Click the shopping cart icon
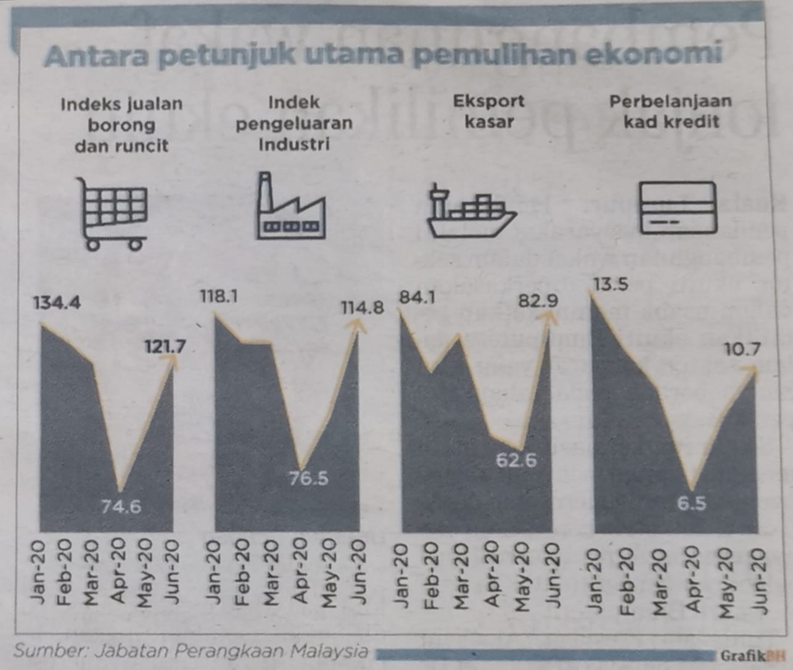click(x=112, y=214)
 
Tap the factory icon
click(x=291, y=205)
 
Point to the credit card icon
click(x=678, y=207)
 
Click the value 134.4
click(x=57, y=304)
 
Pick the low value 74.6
click(x=121, y=507)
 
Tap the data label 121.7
click(x=165, y=347)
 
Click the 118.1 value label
click(x=219, y=296)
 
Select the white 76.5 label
click(x=308, y=479)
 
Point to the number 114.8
click(x=363, y=308)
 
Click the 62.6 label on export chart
click(x=516, y=461)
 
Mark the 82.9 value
click(x=538, y=301)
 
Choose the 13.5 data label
click(x=611, y=284)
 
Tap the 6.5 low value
click(x=692, y=504)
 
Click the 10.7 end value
click(x=743, y=349)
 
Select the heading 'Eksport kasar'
click(x=489, y=112)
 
